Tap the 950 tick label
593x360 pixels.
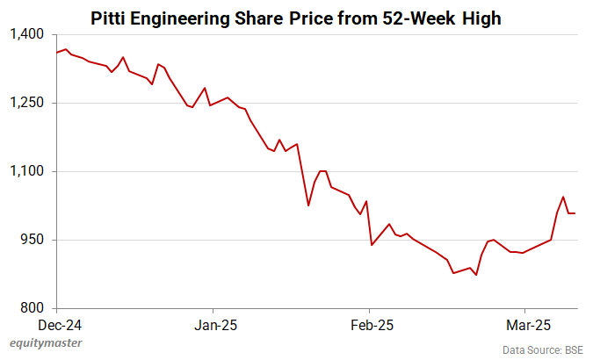coord(33,240)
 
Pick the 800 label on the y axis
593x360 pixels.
coord(33,308)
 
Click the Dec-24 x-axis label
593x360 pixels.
coord(56,324)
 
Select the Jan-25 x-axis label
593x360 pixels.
coord(213,324)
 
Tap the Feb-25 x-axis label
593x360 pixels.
coord(369,324)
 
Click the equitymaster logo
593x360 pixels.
coord(46,343)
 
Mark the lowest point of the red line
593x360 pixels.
coord(476,275)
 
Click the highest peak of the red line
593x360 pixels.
coord(66,49)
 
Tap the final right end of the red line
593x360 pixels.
coord(575,213)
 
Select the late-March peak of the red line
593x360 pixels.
coord(563,197)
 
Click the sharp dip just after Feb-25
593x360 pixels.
coord(372,245)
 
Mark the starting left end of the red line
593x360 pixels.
coord(56,53)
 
